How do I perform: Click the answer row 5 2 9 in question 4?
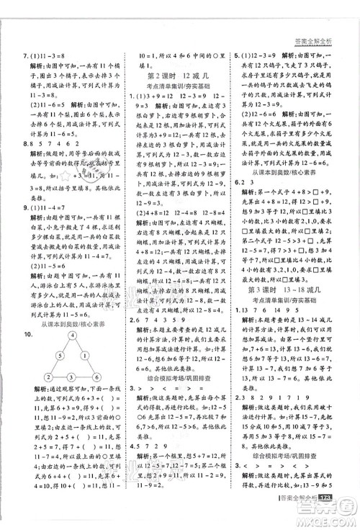pyautogui.click(x=145, y=444)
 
